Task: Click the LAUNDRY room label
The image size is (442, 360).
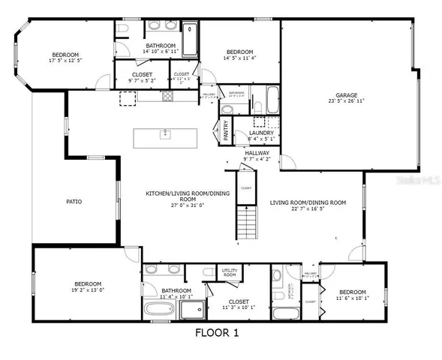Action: click(x=262, y=132)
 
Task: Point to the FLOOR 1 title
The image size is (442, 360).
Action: click(x=220, y=331)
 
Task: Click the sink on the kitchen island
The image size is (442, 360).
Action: click(x=164, y=135)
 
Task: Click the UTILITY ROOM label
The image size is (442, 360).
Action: click(x=229, y=273)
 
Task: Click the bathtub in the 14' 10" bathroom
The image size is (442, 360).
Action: click(x=189, y=39)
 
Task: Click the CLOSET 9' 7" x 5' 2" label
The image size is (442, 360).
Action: click(x=143, y=78)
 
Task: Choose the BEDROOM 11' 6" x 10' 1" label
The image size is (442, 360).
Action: click(x=351, y=295)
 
